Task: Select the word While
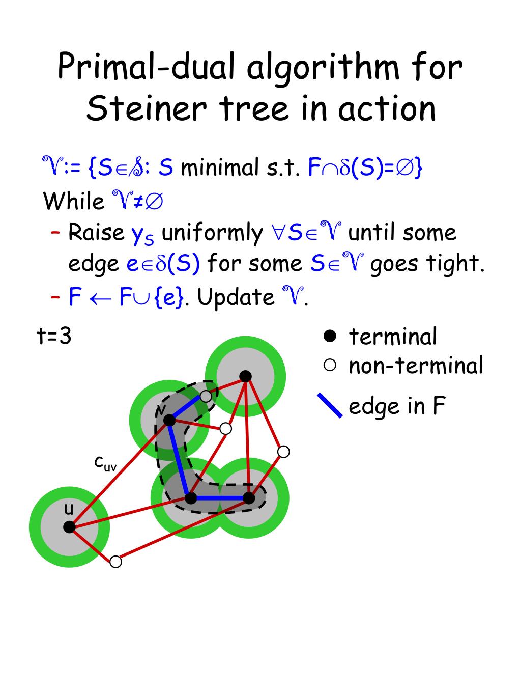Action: tap(74, 201)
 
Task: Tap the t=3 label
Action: tap(54, 336)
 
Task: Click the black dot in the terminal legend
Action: tap(330, 336)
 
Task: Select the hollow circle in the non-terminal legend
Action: tap(330, 365)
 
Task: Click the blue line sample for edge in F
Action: tap(330, 406)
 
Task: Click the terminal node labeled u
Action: tap(69, 527)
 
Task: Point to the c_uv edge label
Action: tap(105, 464)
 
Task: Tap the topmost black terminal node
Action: tap(245, 376)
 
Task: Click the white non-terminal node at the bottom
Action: tap(115, 562)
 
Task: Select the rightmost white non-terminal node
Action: tap(283, 452)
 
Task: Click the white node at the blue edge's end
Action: tap(206, 396)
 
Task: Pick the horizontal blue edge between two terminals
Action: tap(220, 498)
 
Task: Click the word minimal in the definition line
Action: tap(219, 168)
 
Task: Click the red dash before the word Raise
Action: tap(55, 233)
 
